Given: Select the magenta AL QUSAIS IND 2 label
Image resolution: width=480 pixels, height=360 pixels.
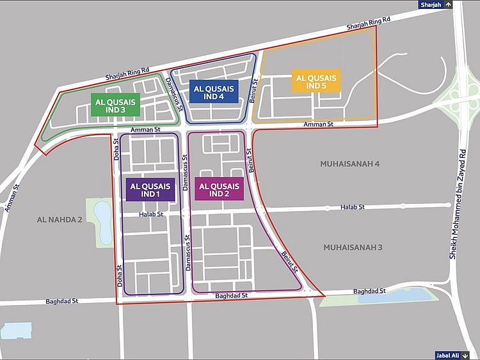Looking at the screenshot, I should tap(219, 189).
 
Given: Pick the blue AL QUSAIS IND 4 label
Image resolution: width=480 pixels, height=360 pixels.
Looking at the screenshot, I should tap(213, 91).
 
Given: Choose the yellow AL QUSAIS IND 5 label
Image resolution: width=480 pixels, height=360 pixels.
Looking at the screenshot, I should tap(316, 81).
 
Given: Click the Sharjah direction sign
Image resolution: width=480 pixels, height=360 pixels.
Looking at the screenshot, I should tap(436, 4).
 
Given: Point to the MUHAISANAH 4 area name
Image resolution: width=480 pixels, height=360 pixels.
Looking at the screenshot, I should tap(349, 164).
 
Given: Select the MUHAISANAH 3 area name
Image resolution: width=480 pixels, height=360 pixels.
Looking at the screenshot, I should tap(353, 247).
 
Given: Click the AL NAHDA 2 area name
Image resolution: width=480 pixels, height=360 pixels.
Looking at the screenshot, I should tap(60, 219).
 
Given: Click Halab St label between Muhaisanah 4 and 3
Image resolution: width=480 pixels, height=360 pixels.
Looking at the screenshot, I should tap(352, 207).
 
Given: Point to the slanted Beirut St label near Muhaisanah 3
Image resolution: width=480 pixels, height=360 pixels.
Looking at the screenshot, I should tap(289, 262).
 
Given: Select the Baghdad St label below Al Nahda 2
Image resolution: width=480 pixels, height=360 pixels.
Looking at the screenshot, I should tap(61, 301).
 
